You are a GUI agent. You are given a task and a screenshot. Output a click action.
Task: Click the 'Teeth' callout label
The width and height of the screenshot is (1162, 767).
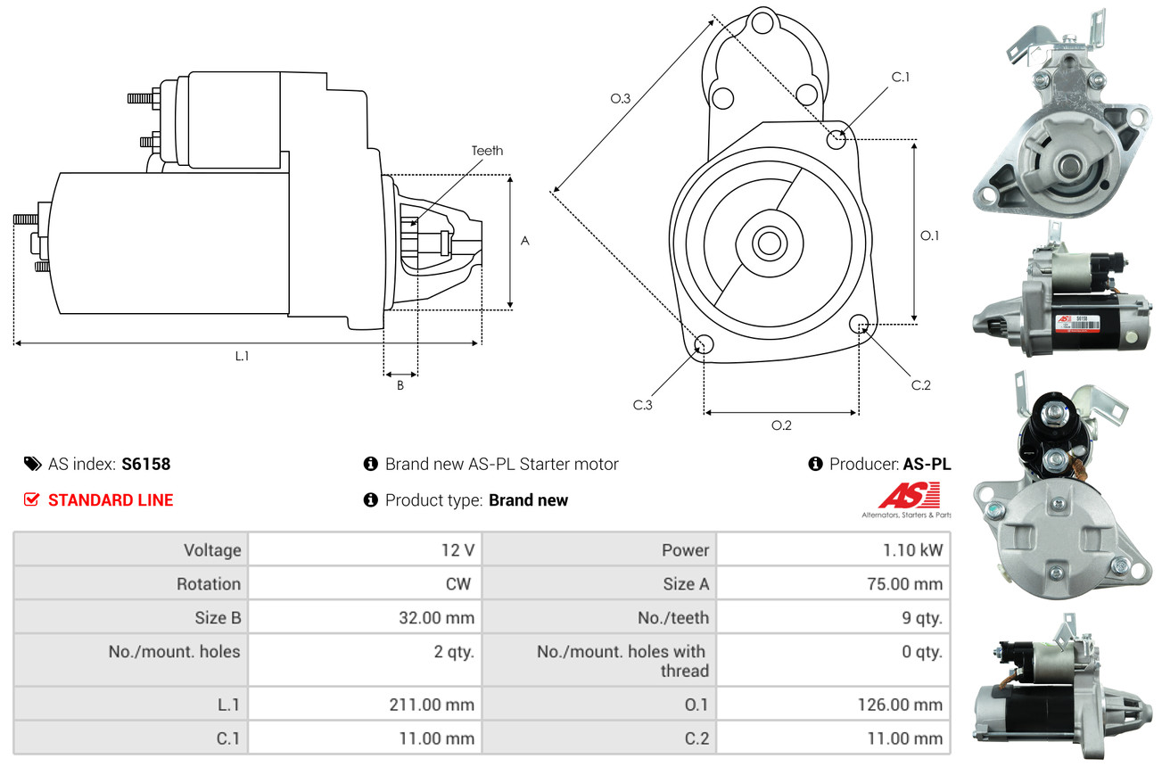[x=487, y=151]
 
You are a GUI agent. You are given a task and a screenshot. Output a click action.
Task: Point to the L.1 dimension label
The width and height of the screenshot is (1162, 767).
[x=242, y=356]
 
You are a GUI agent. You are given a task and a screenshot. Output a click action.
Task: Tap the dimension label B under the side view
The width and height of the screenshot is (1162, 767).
[x=400, y=385]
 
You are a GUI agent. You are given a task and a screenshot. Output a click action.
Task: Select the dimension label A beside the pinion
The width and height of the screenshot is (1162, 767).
[x=525, y=241]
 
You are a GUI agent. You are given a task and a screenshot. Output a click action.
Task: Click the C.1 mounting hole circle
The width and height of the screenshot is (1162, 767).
[x=836, y=139]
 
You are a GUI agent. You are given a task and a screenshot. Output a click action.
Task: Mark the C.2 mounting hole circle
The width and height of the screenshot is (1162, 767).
[x=860, y=323]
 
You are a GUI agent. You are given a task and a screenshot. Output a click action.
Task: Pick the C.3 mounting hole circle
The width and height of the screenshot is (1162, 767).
[x=703, y=345]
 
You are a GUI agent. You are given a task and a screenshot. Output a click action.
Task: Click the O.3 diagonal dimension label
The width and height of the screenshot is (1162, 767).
[x=621, y=98]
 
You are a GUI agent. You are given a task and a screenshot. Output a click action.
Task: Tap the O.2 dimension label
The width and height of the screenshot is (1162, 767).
[x=781, y=425]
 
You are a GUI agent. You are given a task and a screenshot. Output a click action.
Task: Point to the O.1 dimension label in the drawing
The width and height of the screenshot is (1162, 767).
[x=930, y=235]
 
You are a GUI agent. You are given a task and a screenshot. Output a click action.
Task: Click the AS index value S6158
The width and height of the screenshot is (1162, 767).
[x=145, y=464]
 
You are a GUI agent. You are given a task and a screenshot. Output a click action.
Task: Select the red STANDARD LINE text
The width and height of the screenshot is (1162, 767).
[x=111, y=500]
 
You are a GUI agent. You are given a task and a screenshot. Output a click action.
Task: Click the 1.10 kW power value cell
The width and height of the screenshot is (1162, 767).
[x=912, y=550]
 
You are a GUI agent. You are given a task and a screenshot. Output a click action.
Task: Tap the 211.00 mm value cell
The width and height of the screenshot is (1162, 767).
[x=432, y=705]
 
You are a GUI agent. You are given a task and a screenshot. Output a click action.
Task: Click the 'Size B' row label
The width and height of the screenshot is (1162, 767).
[x=218, y=617]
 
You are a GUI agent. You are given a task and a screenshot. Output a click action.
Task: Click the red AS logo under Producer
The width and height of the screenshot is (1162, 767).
[x=909, y=496]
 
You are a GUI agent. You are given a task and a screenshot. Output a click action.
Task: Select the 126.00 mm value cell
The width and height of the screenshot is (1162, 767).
[x=900, y=705]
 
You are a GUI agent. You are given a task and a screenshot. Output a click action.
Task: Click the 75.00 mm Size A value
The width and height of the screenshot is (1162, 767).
[x=904, y=584]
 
